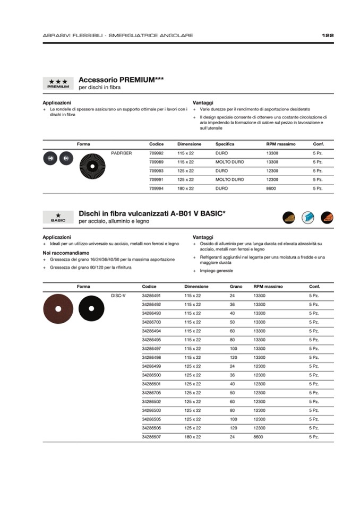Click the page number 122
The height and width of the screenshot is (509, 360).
point(328,36)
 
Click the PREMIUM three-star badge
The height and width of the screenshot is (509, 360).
point(58,83)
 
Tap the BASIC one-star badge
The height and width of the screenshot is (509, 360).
point(58,217)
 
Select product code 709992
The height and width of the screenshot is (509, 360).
point(156,153)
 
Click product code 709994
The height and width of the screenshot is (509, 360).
point(156,188)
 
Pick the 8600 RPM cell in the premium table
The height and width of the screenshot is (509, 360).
point(272,188)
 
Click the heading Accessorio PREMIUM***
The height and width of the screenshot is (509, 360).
point(121,80)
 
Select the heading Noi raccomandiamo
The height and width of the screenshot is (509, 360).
point(66,253)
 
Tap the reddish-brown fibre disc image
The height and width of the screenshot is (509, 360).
point(58,309)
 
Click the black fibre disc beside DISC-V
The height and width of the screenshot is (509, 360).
point(91,308)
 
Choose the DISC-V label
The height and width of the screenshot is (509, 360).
point(118,295)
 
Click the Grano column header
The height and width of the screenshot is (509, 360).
point(236,287)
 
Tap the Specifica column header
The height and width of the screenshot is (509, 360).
point(225,144)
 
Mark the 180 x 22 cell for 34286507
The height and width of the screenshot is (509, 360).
point(193,437)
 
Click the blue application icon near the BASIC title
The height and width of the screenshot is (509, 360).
point(308,217)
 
